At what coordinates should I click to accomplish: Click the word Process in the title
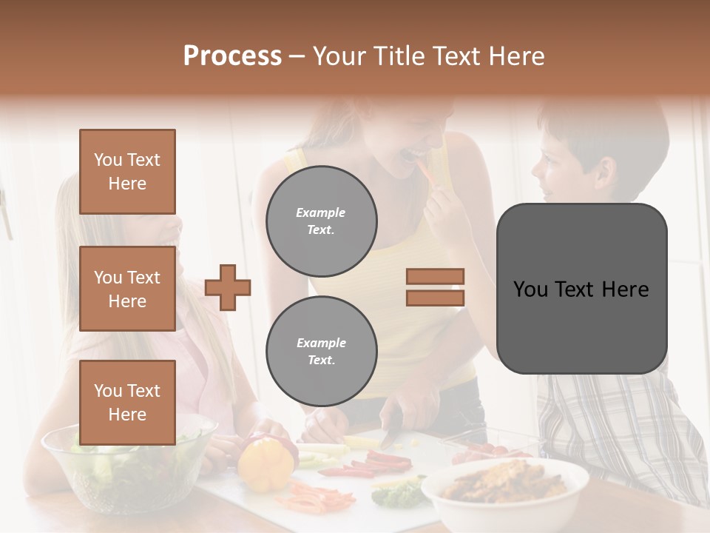pos(232,56)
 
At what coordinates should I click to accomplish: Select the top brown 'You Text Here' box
pos(127,172)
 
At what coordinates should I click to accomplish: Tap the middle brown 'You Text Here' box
pos(127,289)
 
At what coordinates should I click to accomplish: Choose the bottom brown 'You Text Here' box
pos(127,402)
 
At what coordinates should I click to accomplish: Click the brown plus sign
pos(228,287)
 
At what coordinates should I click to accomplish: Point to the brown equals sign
pos(435,287)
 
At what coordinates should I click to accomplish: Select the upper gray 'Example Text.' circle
pos(321,221)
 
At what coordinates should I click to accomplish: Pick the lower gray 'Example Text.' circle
pos(321,351)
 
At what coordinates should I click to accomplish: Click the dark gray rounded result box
pos(581,289)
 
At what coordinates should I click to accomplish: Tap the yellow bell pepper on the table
pos(265,463)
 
